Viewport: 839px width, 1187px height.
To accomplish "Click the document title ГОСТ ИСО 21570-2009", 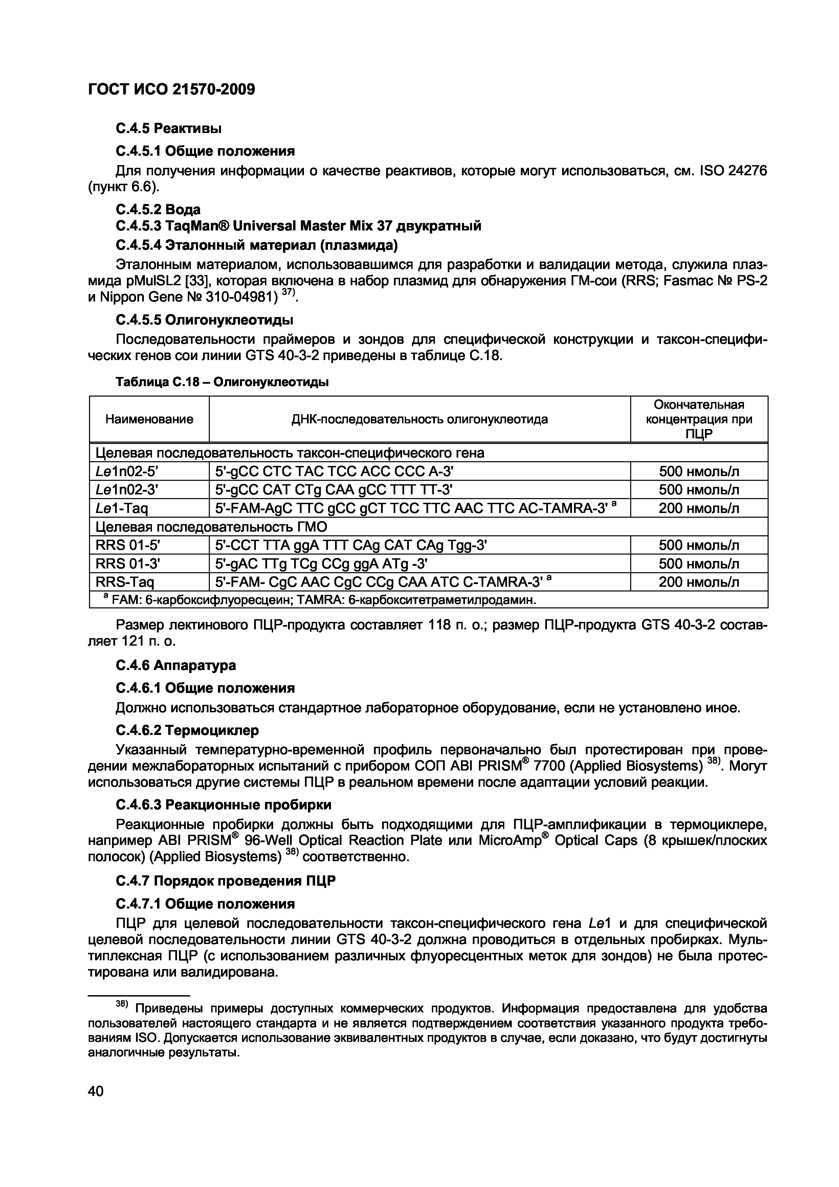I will point(172,89).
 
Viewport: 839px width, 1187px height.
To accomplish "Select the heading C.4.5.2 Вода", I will point(158,209).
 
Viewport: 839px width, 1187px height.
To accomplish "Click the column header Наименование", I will point(149,419).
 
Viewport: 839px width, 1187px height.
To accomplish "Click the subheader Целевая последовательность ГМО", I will point(212,527).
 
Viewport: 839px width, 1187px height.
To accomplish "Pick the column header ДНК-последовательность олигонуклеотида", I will point(420,419).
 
